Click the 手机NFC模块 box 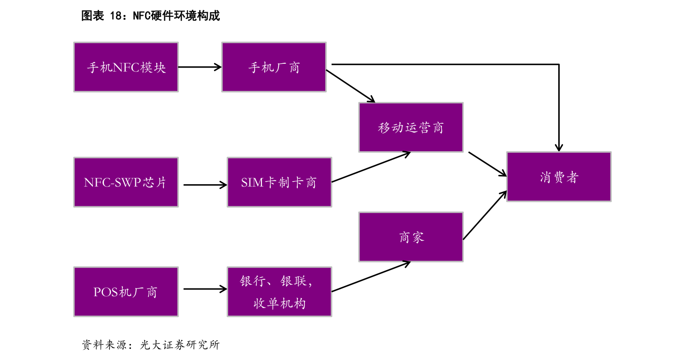coord(126,67)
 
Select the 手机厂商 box coord(274,67)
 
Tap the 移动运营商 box coord(410,128)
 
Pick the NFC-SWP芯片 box coord(126,182)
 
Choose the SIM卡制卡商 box coord(279,182)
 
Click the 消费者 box coord(558,177)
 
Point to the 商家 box coord(410,237)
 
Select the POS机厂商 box coord(126,292)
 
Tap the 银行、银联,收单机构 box coord(279,292)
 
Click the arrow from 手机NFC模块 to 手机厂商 coord(200,67)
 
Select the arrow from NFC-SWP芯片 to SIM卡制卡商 coord(205,184)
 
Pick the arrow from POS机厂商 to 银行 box coord(205,289)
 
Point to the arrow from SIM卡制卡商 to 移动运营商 coord(371,167)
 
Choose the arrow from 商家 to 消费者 coord(485,215)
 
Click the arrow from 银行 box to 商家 coord(371,277)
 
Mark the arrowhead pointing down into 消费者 coord(559,146)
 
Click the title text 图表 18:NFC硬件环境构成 coord(150,16)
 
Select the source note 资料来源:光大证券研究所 coord(150,345)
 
